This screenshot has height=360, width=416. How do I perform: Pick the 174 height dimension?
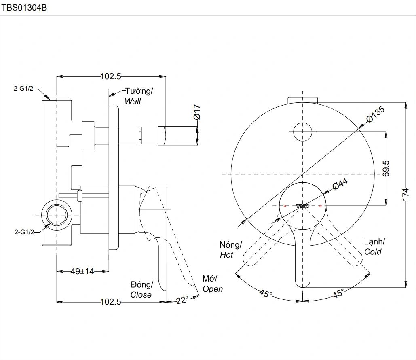pos(406,194)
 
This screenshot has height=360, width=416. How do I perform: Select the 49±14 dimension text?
pos(82,271)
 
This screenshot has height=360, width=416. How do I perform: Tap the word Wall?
pos(133,101)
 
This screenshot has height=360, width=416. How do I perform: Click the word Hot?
pos(226,255)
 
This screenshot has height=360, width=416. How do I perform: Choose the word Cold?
pos(373,252)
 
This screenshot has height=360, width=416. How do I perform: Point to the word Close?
pos(141,295)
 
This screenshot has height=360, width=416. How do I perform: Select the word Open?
pos(212,289)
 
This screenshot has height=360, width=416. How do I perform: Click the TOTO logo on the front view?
pos(302,206)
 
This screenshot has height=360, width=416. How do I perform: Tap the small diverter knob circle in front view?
pos(302,131)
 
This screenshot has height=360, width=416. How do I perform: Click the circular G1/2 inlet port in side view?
pos(57,214)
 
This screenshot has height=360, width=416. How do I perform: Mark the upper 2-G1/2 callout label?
pos(24,88)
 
